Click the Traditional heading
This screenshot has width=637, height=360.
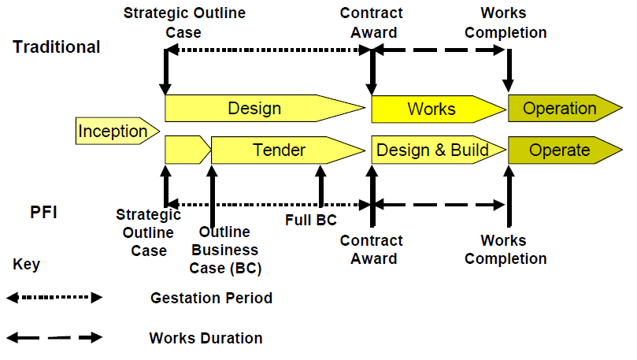pyautogui.click(x=57, y=46)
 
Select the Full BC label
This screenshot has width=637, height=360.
pyautogui.click(x=310, y=221)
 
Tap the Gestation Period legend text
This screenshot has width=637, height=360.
pyautogui.click(x=211, y=299)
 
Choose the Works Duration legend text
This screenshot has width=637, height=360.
pyautogui.click(x=206, y=339)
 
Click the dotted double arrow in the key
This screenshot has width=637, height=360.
pyautogui.click(x=54, y=298)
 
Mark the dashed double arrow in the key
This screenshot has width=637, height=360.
pyautogui.click(x=54, y=338)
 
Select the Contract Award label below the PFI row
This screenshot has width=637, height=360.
pyautogui.click(x=371, y=250)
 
